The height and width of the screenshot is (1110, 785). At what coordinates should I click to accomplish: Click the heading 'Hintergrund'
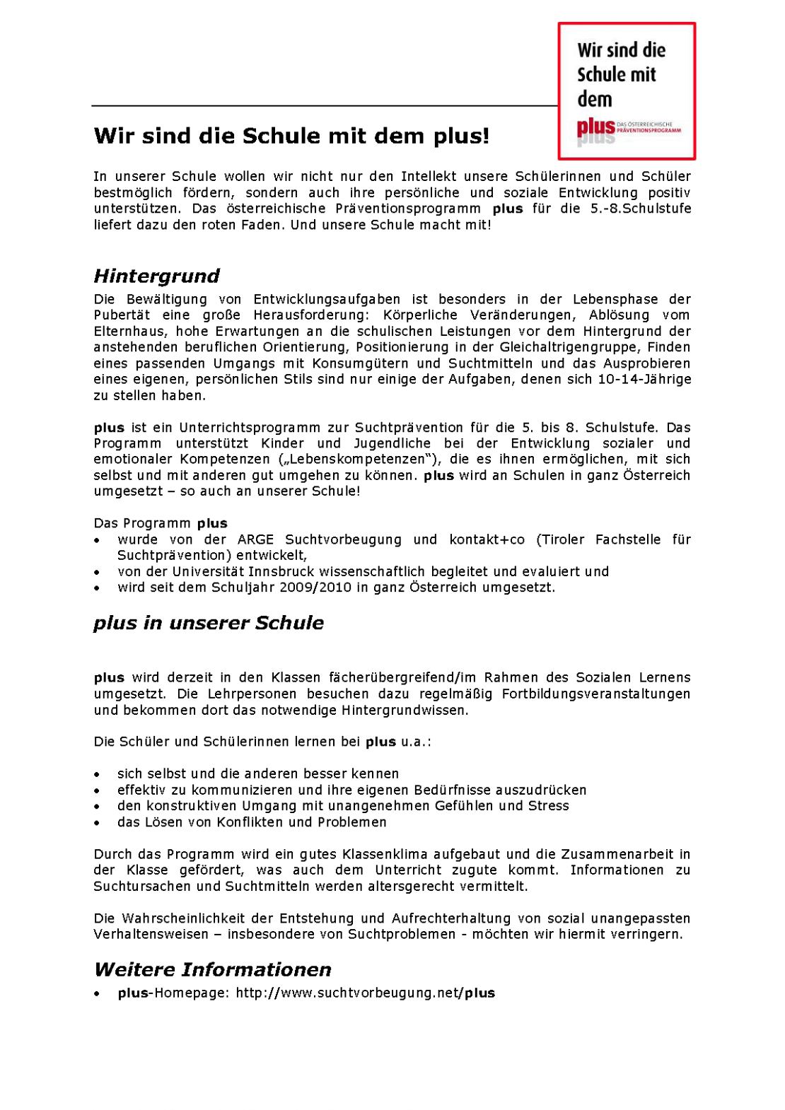(x=156, y=276)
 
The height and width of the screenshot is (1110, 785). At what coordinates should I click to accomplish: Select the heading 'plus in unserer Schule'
(x=209, y=623)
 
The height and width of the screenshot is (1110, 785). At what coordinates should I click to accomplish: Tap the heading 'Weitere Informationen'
(x=213, y=969)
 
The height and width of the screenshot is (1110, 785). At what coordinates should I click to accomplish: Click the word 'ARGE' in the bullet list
(x=255, y=539)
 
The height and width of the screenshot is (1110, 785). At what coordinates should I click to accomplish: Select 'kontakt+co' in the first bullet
(x=487, y=539)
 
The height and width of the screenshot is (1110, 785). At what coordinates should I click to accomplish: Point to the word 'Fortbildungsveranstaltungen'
(x=595, y=694)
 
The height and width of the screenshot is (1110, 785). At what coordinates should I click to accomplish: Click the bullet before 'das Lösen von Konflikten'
(x=98, y=823)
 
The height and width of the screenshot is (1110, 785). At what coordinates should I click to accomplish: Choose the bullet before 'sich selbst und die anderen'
(x=98, y=775)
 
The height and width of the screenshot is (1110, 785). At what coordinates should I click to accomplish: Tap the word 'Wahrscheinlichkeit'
(x=184, y=918)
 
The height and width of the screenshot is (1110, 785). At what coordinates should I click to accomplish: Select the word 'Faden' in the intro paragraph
(x=260, y=225)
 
